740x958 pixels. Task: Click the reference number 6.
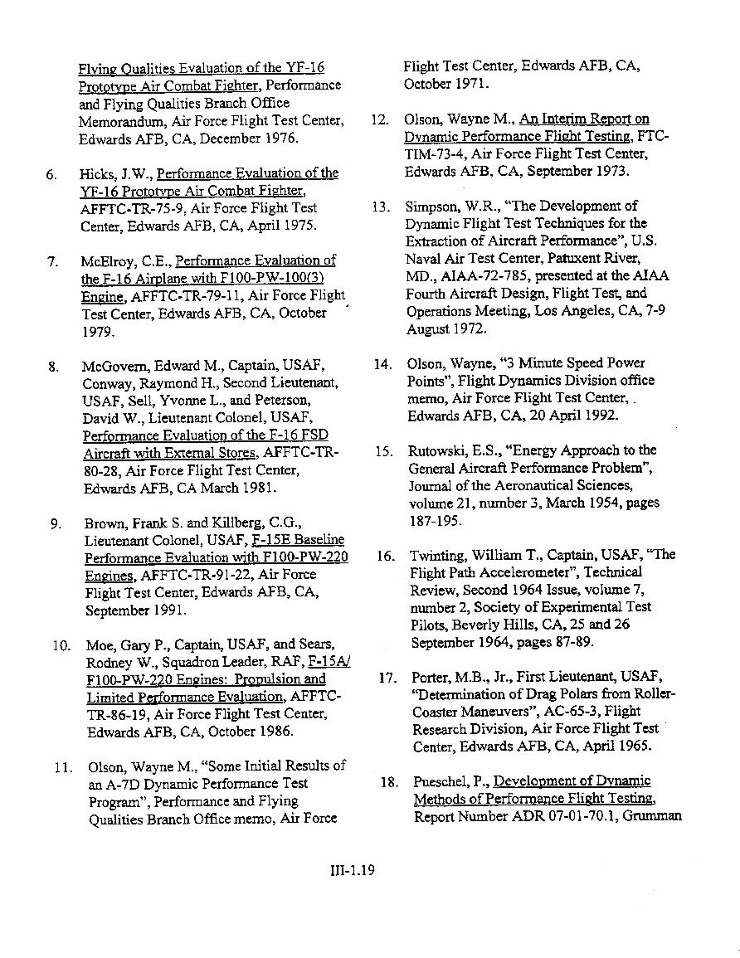point(51,174)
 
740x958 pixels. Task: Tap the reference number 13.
point(381,207)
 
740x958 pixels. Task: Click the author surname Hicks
point(97,173)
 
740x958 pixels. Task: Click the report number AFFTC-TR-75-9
point(129,209)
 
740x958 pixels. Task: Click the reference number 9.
point(56,524)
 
